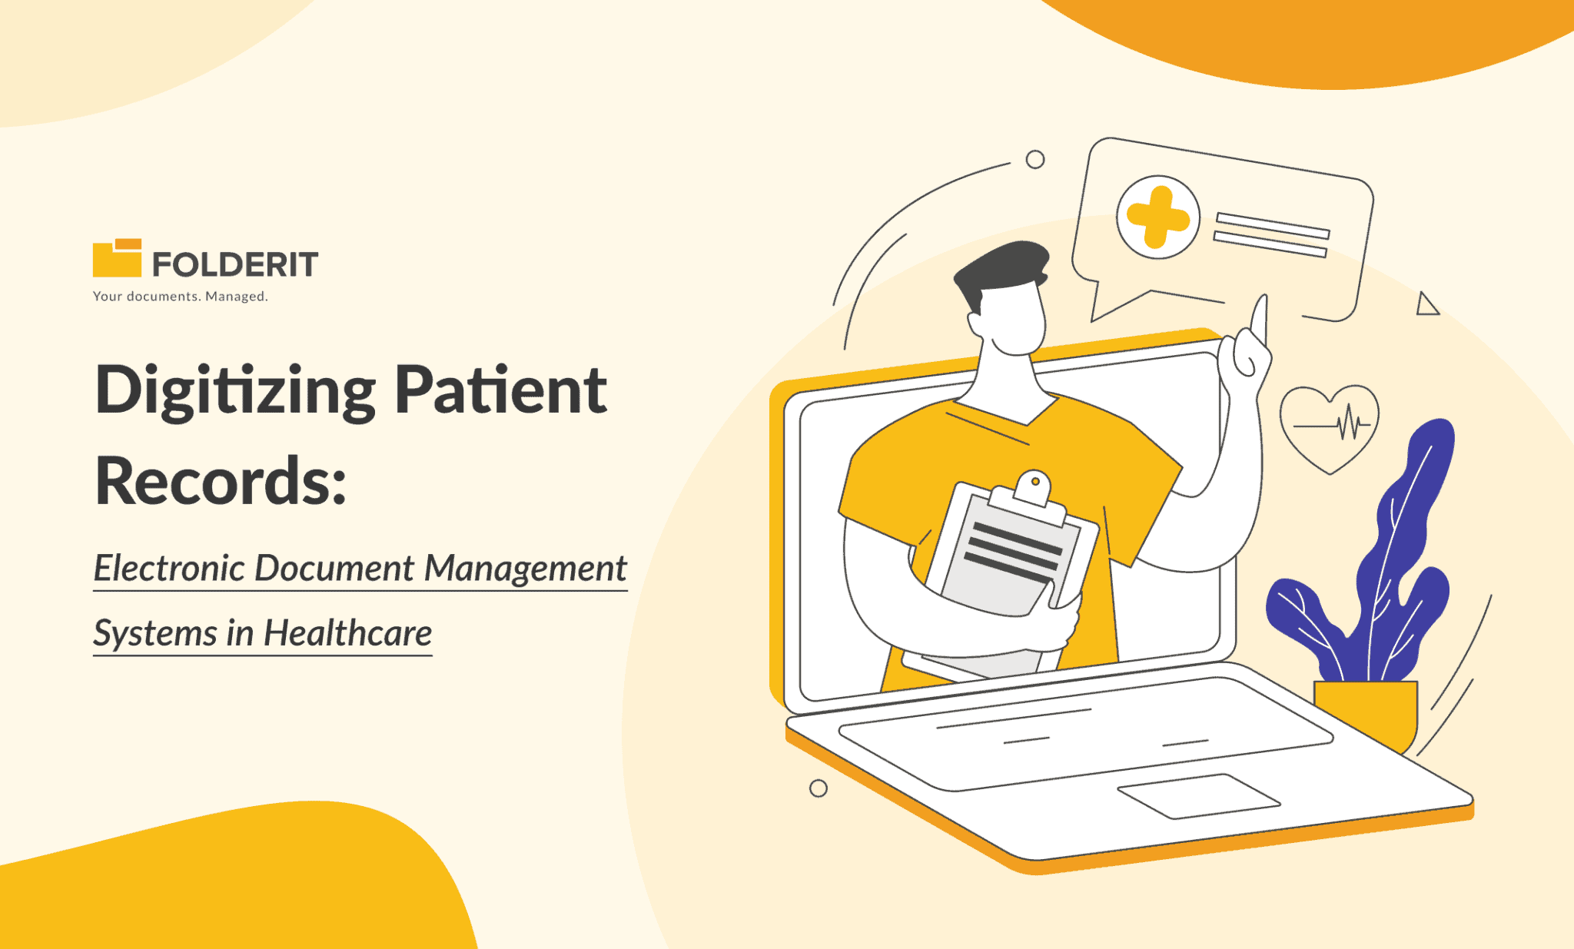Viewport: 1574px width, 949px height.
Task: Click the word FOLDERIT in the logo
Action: [x=235, y=264]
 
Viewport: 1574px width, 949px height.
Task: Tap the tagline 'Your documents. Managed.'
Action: [x=180, y=297]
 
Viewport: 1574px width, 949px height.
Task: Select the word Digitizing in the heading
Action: [x=235, y=391]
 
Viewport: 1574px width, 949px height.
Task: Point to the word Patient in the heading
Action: [x=500, y=390]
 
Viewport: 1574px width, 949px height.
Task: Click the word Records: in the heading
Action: [x=221, y=482]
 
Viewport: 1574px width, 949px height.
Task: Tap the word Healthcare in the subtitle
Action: [x=347, y=633]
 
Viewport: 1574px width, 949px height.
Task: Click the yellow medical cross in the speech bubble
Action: [x=1157, y=217]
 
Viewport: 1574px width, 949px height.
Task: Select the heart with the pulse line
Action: [x=1330, y=426]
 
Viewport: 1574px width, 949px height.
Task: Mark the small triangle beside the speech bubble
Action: [x=1426, y=305]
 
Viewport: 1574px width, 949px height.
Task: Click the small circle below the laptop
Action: [x=819, y=788]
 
